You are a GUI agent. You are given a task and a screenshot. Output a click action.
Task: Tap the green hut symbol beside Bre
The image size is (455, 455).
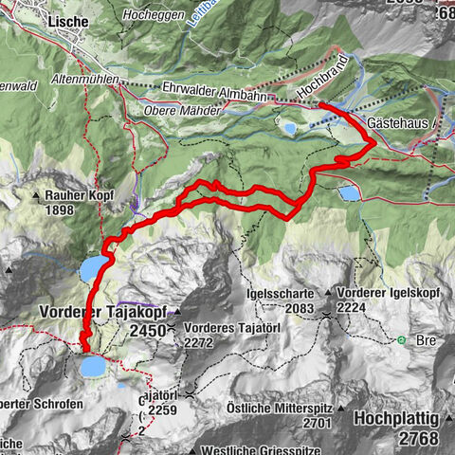point(402,339)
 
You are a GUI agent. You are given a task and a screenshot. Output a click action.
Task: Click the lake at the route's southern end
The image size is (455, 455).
point(93,365)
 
